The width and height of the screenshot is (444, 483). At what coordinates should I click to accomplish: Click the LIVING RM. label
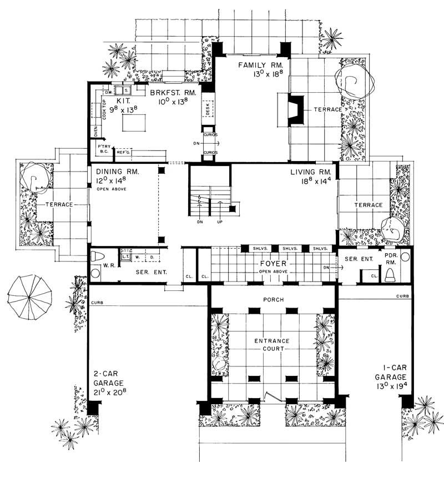tap(311, 173)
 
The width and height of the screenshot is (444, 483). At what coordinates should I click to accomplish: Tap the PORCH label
tap(274, 300)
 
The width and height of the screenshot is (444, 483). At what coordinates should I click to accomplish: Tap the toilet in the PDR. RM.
tap(390, 273)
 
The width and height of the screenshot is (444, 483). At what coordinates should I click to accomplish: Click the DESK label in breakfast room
tap(208, 111)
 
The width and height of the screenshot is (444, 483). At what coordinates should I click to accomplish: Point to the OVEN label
tap(95, 131)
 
